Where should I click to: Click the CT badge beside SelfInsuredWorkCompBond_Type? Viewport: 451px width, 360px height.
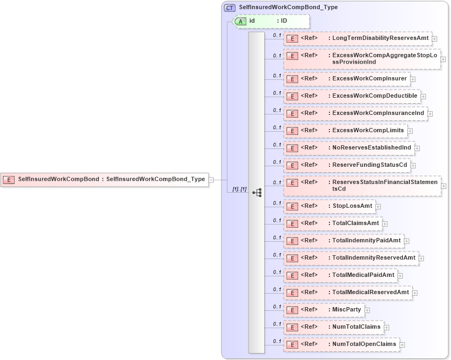pos(230,7)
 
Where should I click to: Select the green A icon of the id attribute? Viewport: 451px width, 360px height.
pos(240,21)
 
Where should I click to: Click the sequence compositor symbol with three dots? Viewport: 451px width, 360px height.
pos(257,192)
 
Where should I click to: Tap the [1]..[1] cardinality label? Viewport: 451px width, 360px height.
pos(239,189)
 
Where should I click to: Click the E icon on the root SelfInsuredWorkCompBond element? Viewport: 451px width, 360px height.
pos(9,179)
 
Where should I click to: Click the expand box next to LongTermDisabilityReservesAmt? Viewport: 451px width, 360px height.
pos(434,39)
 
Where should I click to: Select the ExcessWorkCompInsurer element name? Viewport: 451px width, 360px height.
pos(369,79)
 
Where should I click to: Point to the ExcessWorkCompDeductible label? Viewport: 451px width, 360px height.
pos(374,96)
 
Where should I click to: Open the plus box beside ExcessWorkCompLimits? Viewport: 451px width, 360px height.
pos(409,131)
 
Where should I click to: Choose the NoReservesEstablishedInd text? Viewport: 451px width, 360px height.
pos(371,148)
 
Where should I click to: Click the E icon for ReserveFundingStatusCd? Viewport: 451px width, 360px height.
pos(292,165)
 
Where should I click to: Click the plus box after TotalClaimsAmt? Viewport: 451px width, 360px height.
pos(385,223)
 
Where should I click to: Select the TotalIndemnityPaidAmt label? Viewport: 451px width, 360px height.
pos(366,241)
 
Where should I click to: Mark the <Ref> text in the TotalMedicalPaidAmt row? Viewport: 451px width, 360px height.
pos(309,275)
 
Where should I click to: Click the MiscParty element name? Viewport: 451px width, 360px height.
pos(346,310)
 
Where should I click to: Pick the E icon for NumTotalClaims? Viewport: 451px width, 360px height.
pos(292,327)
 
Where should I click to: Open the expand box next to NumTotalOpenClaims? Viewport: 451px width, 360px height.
pos(402,344)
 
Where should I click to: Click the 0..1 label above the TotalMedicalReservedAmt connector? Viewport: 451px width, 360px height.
pos(277,289)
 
